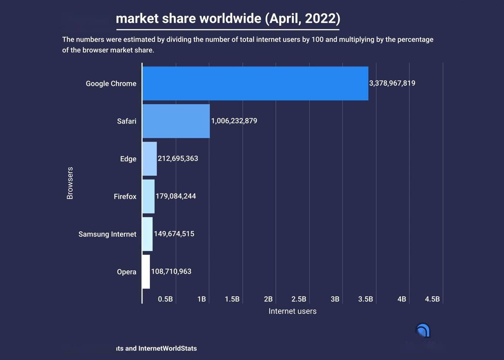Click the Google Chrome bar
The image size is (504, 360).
(x=255, y=83)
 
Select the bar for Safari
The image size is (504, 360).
(x=176, y=121)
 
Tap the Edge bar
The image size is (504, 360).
(x=149, y=159)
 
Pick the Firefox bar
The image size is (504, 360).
(x=148, y=196)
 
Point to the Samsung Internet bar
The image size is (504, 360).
(x=148, y=234)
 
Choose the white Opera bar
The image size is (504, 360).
(x=146, y=271)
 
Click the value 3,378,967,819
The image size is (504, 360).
(x=392, y=83)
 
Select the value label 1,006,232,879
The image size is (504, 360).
(x=234, y=121)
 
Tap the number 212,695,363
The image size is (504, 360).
(x=178, y=159)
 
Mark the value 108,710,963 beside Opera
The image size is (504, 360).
(x=171, y=271)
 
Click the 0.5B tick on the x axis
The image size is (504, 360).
(x=165, y=299)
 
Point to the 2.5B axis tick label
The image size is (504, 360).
(x=298, y=299)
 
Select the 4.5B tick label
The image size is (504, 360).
(x=432, y=299)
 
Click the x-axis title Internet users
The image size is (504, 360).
(x=292, y=311)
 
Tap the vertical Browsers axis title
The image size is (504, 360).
(x=70, y=183)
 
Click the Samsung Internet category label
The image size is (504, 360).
(x=107, y=234)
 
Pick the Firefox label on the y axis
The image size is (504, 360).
(x=125, y=197)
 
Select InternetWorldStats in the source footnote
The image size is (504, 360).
(x=167, y=348)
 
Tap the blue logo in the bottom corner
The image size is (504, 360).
(x=423, y=330)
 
